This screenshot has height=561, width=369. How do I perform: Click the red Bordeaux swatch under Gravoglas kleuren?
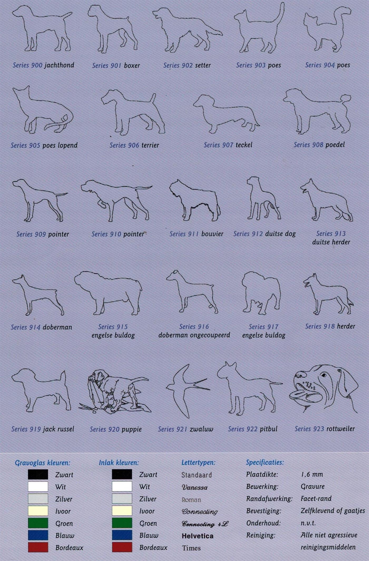coord(38,547)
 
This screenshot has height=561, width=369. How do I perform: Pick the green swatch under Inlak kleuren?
coord(122,523)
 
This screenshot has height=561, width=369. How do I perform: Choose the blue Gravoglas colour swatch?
coord(38,535)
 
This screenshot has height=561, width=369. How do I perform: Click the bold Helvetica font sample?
coord(198,536)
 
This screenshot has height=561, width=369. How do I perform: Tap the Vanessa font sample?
coord(195,487)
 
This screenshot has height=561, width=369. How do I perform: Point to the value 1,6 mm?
coord(312,474)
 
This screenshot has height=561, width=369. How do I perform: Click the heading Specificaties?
coord(265,462)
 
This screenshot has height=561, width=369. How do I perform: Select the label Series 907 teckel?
coord(228,145)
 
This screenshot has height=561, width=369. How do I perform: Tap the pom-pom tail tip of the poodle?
coord(346,99)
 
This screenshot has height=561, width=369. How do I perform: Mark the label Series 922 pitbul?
coord(253,429)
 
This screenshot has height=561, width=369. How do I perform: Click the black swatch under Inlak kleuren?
coord(122,474)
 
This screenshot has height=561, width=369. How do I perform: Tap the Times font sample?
coord(191,548)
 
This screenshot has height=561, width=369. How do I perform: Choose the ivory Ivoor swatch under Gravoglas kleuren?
coord(38,511)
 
